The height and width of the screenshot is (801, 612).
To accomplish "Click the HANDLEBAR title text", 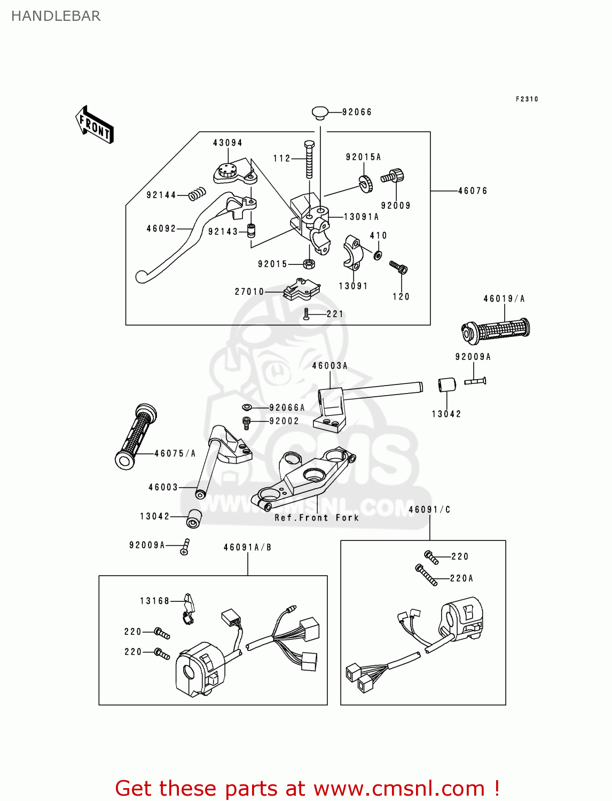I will click(56, 16).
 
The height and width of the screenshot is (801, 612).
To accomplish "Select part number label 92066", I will click(357, 112).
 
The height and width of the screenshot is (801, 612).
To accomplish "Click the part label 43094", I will click(227, 143).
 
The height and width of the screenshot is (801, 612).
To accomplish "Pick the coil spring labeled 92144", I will click(197, 194).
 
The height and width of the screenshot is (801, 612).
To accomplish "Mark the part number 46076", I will click(473, 191).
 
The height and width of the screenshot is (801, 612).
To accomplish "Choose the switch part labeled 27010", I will click(301, 289).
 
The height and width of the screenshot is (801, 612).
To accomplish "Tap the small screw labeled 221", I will click(307, 314).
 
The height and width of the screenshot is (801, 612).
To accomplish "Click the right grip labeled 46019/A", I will click(496, 331).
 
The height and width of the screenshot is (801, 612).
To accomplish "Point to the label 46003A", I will click(329, 366).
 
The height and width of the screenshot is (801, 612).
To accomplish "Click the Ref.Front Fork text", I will click(317, 517).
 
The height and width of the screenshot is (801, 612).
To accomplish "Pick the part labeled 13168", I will click(189, 607).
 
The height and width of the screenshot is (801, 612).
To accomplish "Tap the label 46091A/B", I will click(247, 547).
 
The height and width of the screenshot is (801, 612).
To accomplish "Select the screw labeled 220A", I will click(427, 575).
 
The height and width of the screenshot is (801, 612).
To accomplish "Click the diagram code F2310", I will click(527, 99).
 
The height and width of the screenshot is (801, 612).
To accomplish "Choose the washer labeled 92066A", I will click(247, 408).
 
